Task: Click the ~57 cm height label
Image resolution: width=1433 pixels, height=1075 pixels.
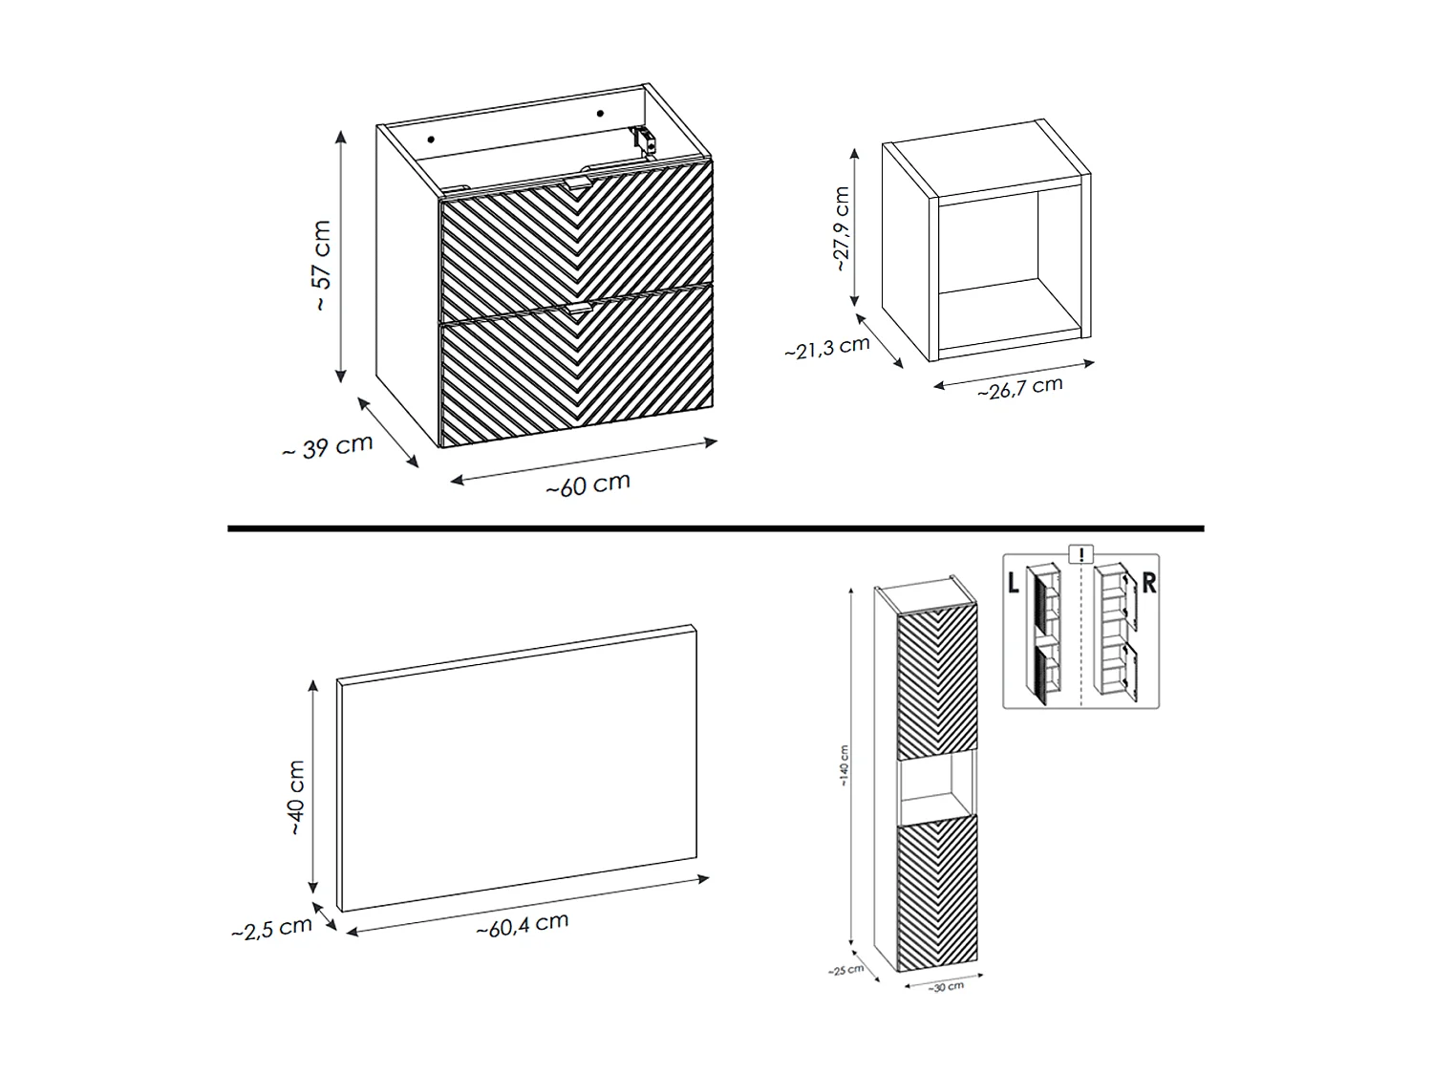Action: [323, 265]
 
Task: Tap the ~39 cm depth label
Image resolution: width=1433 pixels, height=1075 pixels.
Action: [328, 447]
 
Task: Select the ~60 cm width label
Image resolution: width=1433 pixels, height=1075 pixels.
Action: [588, 485]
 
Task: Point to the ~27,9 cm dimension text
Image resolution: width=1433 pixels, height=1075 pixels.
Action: [841, 228]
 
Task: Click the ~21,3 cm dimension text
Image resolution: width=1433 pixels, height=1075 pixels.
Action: [826, 347]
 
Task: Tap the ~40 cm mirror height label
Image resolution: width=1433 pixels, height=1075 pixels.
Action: [296, 798]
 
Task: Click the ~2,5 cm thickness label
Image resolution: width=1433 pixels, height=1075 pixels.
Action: [271, 929]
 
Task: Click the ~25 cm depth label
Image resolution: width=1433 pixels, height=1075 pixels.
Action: [845, 970]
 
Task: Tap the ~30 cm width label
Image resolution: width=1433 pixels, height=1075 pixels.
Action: [945, 987]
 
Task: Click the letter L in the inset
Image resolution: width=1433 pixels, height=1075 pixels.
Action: [1014, 582]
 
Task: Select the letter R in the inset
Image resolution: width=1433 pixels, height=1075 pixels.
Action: [1148, 582]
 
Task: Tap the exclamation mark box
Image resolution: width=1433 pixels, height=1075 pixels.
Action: [1080, 554]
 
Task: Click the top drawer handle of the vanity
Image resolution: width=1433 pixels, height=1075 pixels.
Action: [577, 183]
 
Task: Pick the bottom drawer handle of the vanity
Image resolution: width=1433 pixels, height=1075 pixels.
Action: [577, 308]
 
